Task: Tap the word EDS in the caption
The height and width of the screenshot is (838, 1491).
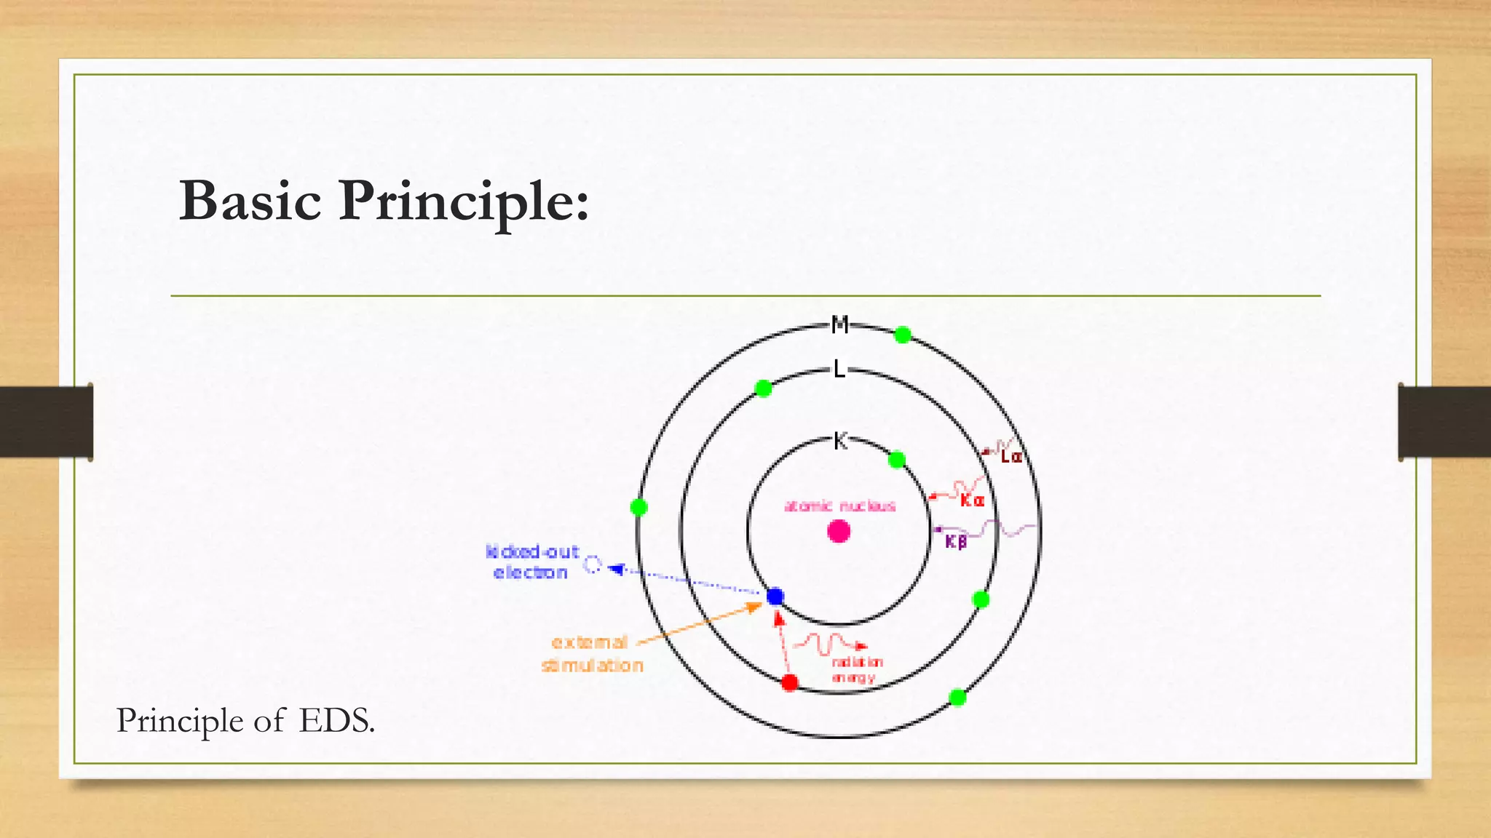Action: (x=336, y=721)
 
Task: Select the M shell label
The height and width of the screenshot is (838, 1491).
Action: (x=840, y=324)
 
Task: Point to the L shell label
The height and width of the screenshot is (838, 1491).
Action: (x=839, y=370)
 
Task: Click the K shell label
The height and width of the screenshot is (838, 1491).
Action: (x=840, y=441)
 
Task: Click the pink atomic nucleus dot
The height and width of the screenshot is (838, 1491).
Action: (x=839, y=532)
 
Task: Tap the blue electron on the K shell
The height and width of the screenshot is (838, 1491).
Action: (x=775, y=596)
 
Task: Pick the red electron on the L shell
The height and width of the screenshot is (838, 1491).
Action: (x=789, y=682)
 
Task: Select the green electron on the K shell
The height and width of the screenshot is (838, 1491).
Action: (x=897, y=460)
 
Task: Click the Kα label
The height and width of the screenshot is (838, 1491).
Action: (x=972, y=500)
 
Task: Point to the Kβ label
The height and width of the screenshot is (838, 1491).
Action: (x=956, y=542)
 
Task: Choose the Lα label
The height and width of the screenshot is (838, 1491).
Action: (x=1011, y=457)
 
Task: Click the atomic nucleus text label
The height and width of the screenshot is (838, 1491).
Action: (x=839, y=506)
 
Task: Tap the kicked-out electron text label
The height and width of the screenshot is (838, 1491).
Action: (x=531, y=562)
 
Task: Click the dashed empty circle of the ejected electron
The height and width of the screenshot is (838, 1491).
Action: (x=593, y=564)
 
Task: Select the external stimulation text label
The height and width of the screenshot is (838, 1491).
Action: (x=592, y=654)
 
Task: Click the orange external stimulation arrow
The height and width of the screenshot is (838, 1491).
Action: (x=699, y=623)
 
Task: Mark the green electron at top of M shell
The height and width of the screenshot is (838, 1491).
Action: (x=902, y=335)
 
